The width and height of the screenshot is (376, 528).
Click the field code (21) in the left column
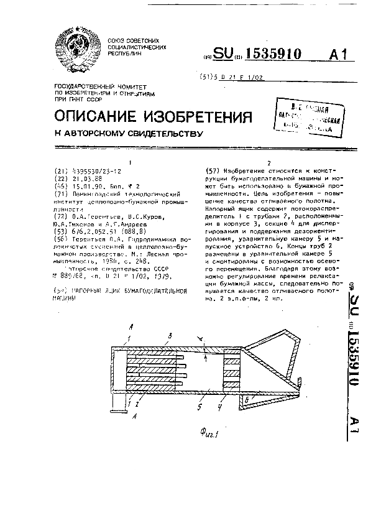click(61, 170)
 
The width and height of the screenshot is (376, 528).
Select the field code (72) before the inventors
click(61, 217)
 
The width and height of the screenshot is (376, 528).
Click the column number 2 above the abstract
click(268, 163)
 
